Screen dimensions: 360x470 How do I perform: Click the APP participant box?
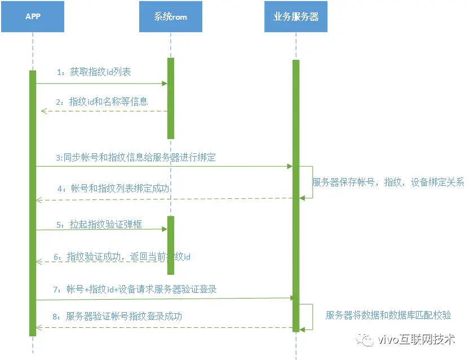(x=33, y=17)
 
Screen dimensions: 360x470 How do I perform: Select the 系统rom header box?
(x=170, y=17)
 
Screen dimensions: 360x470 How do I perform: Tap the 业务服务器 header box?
(x=296, y=17)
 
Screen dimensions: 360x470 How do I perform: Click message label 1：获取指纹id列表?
(x=94, y=72)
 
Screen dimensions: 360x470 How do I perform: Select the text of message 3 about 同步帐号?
(x=135, y=158)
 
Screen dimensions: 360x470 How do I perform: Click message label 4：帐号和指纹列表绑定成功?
(x=113, y=188)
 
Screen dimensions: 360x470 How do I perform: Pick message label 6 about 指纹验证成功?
(x=122, y=257)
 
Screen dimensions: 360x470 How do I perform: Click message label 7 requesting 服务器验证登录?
(x=135, y=290)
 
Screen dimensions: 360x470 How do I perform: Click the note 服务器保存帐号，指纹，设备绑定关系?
(x=389, y=183)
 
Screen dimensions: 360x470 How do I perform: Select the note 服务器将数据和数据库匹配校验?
(x=388, y=315)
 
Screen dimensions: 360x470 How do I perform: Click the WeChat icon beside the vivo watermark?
(x=367, y=339)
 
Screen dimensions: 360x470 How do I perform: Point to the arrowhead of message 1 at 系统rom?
(x=165, y=83)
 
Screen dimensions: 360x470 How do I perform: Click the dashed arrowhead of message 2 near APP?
(x=43, y=112)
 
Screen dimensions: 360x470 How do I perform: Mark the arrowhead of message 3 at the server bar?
(x=290, y=166)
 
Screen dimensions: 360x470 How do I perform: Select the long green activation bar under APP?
(x=33, y=203)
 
